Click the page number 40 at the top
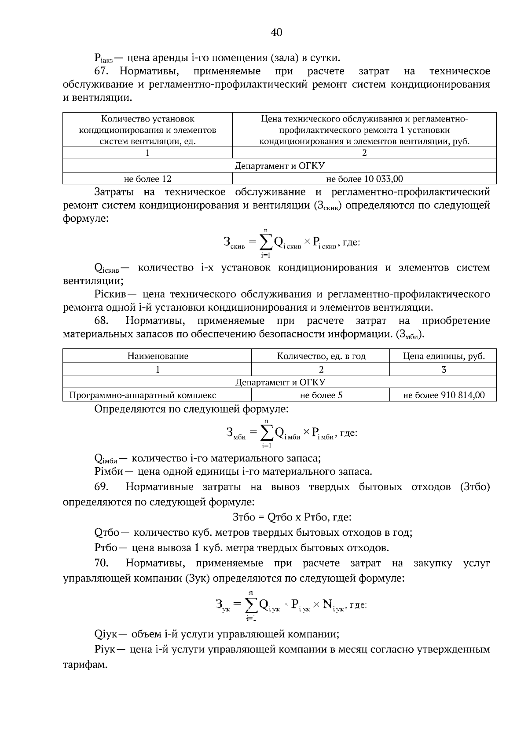pyautogui.click(x=277, y=32)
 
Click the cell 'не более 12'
pyautogui.click(x=147, y=179)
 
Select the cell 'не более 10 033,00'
pyautogui.click(x=364, y=179)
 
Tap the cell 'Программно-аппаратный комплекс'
pyautogui.click(x=143, y=395)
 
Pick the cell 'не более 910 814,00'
pyautogui.click(x=444, y=395)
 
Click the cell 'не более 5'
pyautogui.click(x=321, y=395)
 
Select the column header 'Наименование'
pyautogui.click(x=158, y=356)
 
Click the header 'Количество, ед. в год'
pyautogui.click(x=321, y=356)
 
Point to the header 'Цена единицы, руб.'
pyautogui.click(x=444, y=356)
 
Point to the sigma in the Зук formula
pyautogui.click(x=251, y=606)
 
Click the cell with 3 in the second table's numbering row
pyautogui.click(x=444, y=370)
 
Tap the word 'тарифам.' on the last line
pyautogui.click(x=85, y=664)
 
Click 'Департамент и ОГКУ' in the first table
pyautogui.click(x=279, y=166)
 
